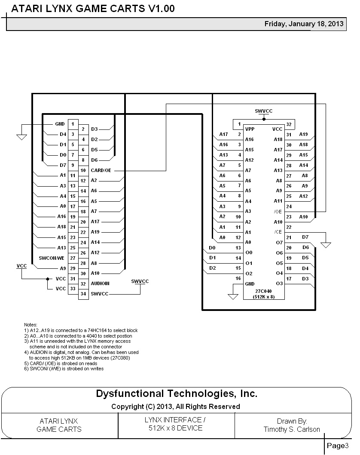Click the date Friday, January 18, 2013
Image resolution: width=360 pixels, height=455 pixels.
304,24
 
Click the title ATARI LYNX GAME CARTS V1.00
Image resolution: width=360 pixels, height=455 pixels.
93,9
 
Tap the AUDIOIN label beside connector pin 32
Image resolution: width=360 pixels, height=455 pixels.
100,283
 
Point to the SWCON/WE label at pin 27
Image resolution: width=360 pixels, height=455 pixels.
51,258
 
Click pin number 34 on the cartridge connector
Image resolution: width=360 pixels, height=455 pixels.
83,294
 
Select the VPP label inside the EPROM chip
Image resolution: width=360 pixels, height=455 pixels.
250,129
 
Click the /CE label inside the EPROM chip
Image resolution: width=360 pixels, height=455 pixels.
278,232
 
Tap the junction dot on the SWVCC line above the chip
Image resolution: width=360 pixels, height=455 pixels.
264,119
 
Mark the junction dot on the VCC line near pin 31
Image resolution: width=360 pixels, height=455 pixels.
47,279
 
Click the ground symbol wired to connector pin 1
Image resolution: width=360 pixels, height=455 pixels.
21,137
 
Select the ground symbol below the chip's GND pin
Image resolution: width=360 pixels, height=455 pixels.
233,296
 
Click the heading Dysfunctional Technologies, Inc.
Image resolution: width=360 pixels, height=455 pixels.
176,394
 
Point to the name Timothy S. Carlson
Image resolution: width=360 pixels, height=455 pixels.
292,429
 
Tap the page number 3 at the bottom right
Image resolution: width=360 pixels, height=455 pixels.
350,446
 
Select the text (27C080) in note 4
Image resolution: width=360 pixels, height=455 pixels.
120,358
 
